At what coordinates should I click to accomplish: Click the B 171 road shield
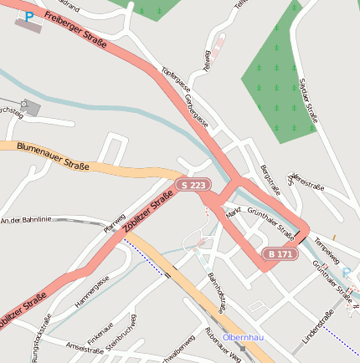click(279, 253)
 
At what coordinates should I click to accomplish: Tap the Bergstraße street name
click(270, 181)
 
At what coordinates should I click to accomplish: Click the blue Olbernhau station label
click(244, 337)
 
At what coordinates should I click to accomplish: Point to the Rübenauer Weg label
click(223, 345)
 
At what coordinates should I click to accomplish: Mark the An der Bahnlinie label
click(27, 220)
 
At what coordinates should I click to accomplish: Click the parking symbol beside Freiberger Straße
click(29, 16)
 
